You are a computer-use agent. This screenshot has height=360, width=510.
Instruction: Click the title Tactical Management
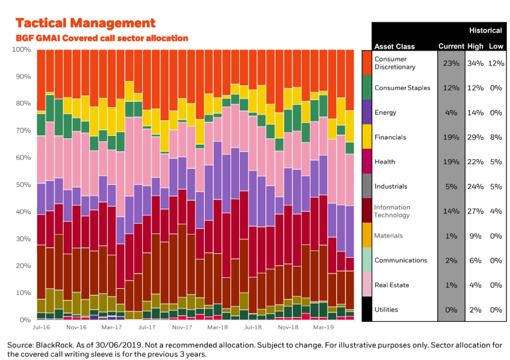(x=85, y=23)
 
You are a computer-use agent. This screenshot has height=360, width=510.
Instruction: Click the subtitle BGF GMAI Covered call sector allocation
(x=102, y=38)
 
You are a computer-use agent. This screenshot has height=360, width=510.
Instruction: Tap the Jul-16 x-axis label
(x=41, y=327)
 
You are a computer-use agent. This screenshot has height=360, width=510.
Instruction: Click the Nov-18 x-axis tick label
(x=287, y=327)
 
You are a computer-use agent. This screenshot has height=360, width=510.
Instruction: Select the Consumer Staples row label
(x=402, y=88)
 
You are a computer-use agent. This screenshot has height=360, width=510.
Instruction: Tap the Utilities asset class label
(x=386, y=310)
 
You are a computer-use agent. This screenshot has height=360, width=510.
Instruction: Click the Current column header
(x=451, y=46)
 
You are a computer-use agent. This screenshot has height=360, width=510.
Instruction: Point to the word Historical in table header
(x=485, y=31)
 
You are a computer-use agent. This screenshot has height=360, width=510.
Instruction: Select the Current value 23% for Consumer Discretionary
(x=451, y=63)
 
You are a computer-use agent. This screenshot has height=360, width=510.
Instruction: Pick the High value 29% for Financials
(x=475, y=137)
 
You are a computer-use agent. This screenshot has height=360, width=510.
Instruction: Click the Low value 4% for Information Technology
(x=496, y=211)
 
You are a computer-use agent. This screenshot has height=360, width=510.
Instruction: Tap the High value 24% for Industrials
(x=475, y=187)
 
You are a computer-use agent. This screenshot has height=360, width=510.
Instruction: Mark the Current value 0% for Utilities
(x=451, y=310)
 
